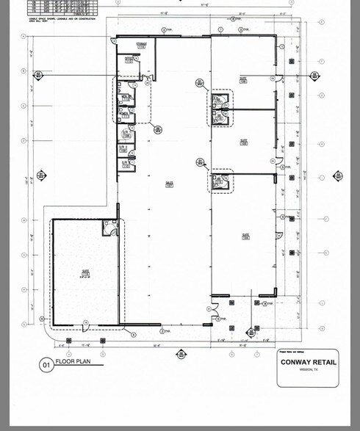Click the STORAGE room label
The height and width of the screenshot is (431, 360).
(x=141, y=45)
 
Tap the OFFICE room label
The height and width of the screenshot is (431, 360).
(x=128, y=59)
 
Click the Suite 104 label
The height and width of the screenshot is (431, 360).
(x=245, y=236)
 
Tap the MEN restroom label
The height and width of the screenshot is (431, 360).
(x=126, y=97)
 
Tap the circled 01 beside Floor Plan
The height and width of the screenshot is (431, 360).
(x=46, y=363)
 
